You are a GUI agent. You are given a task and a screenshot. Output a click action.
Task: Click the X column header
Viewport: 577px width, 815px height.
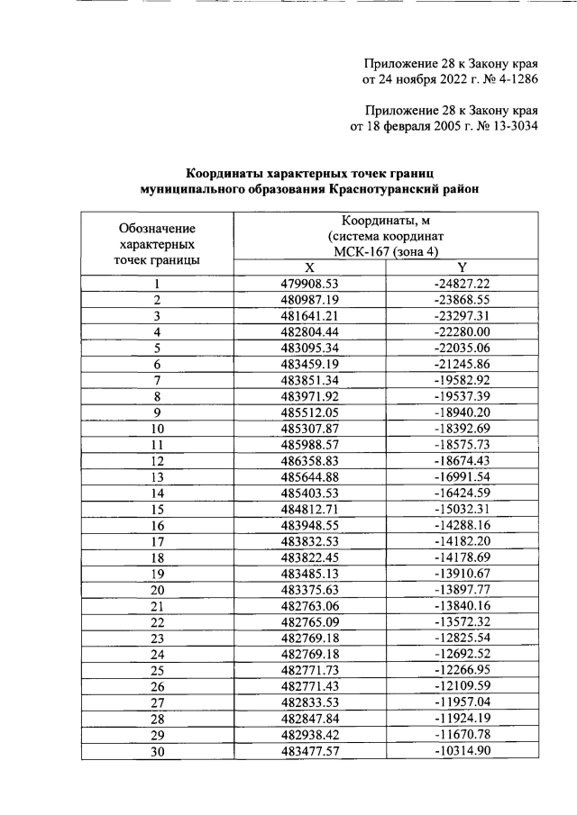pos(308,267)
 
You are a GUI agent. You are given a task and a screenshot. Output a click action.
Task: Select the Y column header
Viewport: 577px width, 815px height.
pos(462,267)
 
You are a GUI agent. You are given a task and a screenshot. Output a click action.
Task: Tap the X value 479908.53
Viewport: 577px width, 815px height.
pos(308,283)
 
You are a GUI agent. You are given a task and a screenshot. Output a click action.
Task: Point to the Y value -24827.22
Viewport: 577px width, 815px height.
pos(462,283)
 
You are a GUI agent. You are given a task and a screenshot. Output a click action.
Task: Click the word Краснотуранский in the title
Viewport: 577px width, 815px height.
pos(390,189)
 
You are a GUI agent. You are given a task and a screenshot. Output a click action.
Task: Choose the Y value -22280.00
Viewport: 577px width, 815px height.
pos(462,334)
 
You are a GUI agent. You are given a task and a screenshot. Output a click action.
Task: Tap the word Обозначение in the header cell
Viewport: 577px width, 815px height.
pos(157,228)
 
